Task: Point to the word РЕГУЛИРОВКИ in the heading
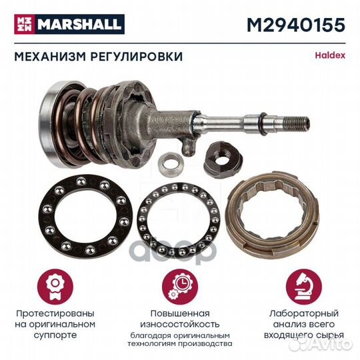coord(137,57)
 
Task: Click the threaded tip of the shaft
coord(299,123)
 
